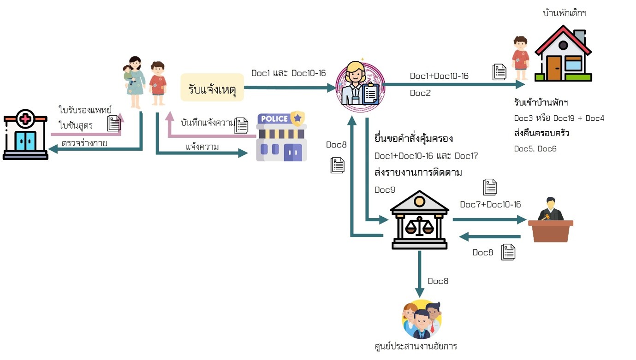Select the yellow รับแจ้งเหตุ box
[212, 87]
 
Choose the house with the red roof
[563, 54]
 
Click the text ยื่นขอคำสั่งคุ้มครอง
[413, 139]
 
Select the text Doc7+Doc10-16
[490, 204]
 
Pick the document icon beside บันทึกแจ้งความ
[241, 125]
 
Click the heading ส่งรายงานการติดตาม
[418, 172]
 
